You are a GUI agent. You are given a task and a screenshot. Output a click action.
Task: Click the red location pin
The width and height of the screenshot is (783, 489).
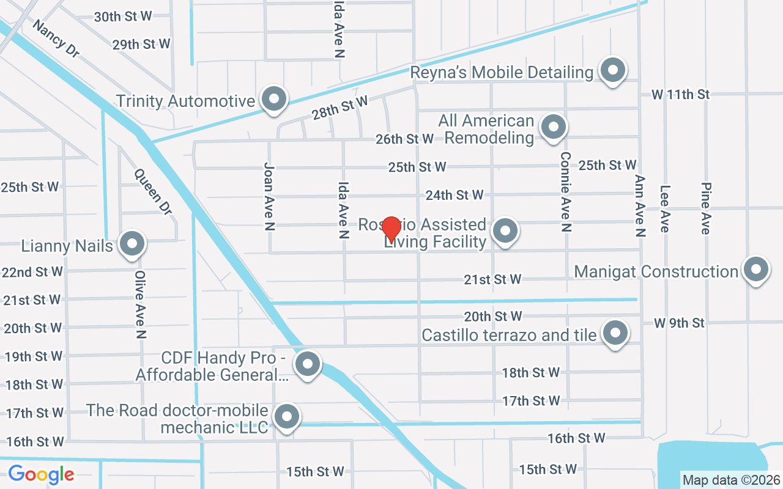point(391,230)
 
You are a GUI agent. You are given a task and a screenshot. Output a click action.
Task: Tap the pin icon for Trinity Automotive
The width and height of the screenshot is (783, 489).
point(273,98)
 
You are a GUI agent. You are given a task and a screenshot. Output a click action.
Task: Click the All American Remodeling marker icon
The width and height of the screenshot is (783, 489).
point(554,128)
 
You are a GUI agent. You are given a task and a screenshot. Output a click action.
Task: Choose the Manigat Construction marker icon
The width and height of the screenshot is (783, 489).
point(755,270)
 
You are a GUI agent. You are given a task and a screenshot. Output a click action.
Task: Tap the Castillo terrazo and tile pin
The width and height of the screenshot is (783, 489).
point(615,334)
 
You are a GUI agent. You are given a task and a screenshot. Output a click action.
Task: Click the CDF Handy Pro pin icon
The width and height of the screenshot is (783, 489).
point(308,364)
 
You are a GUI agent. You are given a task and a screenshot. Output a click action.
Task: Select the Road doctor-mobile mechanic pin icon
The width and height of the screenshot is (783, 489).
point(286,417)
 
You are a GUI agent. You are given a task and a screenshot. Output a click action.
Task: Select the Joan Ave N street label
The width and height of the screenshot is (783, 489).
point(269,196)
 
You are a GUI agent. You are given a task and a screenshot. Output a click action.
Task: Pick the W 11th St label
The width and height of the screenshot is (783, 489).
point(680,95)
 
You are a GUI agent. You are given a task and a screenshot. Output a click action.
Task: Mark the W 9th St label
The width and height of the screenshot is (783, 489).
point(679,323)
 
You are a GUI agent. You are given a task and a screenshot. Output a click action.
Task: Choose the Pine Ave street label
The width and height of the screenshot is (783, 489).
point(706,208)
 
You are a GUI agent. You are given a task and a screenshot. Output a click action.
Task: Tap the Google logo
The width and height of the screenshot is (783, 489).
point(41,474)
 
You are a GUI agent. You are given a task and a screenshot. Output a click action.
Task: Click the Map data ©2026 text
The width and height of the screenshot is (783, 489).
point(732,480)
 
